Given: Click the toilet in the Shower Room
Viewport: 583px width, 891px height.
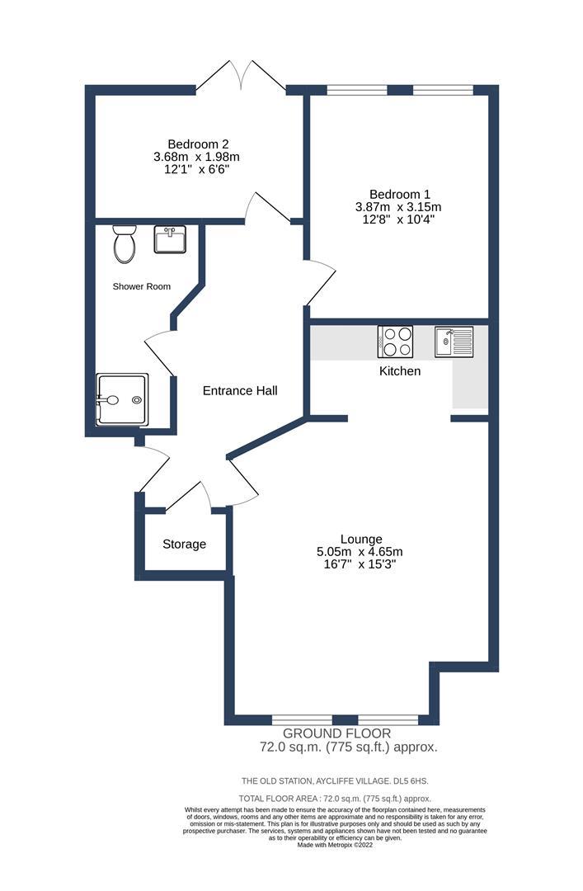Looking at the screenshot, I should (x=125, y=243).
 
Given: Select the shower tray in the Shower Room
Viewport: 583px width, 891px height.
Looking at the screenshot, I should (x=121, y=399).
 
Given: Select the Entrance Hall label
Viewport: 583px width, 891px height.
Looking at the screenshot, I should (x=240, y=390).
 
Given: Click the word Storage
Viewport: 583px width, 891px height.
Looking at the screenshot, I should (x=184, y=544).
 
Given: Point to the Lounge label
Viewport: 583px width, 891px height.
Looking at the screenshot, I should (x=360, y=539).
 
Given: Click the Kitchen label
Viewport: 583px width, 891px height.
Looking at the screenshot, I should (x=400, y=371).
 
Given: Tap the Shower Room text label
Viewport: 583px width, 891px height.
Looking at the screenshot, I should (x=142, y=286).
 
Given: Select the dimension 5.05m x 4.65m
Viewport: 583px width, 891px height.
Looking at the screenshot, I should (x=360, y=552).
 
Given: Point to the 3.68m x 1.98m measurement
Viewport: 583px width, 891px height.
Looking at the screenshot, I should (x=196, y=157).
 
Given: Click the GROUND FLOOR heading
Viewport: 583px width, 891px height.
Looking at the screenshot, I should (x=337, y=733).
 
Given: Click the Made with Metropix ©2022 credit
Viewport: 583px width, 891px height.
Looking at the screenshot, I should (x=335, y=845).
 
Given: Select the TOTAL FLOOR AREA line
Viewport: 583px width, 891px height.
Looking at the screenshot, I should (x=335, y=799).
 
